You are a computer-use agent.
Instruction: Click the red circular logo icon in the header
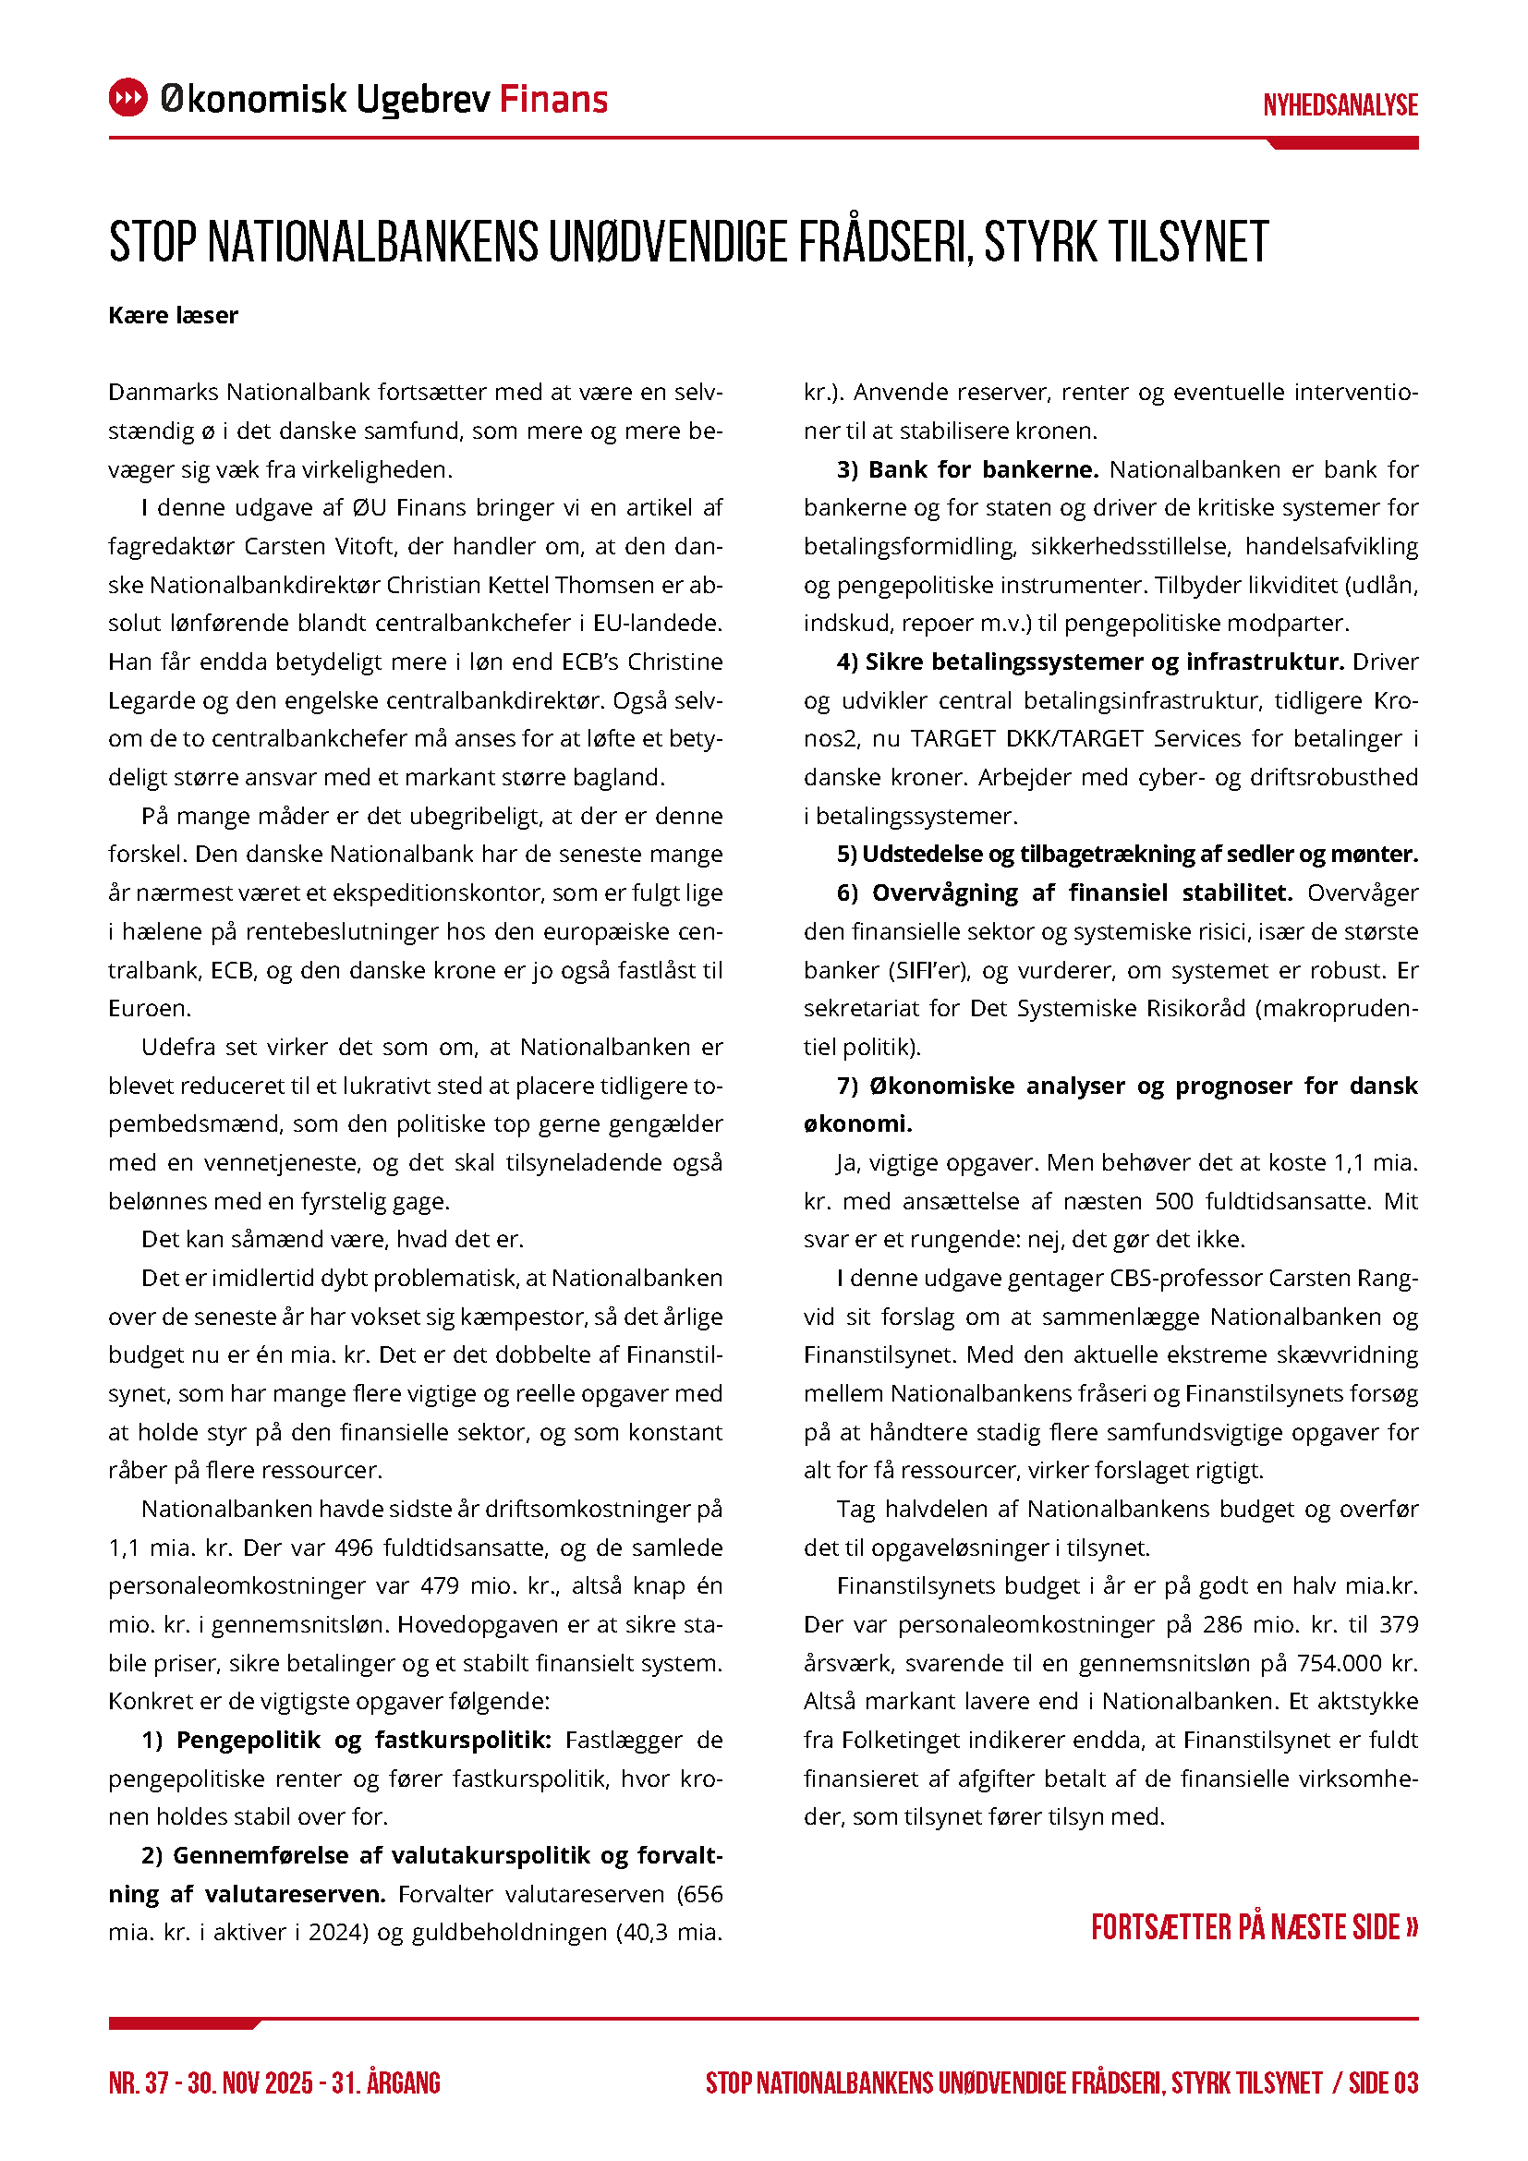click(128, 98)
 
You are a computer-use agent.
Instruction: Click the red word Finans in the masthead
click(553, 99)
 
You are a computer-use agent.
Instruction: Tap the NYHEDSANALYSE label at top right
click(1340, 104)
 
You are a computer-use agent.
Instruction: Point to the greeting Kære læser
click(173, 315)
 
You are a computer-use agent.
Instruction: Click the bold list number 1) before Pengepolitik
click(152, 1740)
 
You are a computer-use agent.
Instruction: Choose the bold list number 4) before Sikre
click(847, 662)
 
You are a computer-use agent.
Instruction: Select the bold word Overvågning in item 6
click(945, 892)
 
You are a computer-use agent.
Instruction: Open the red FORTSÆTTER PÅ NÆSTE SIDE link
click(1254, 1927)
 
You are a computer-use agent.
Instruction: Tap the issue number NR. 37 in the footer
click(139, 2082)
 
